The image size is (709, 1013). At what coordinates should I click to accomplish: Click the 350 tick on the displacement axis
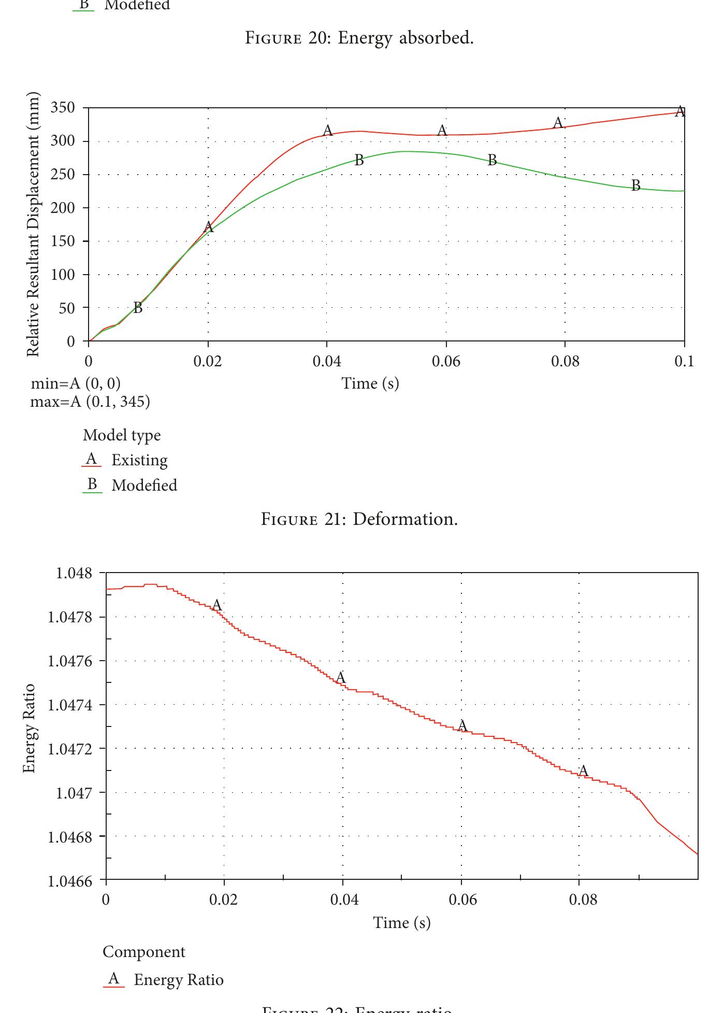pyautogui.click(x=62, y=108)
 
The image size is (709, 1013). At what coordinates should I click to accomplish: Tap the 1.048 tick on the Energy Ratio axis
pyautogui.click(x=74, y=573)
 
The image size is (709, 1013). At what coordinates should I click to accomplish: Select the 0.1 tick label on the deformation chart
pyautogui.click(x=684, y=361)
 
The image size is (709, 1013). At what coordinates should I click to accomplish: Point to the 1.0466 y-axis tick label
pyautogui.click(x=70, y=881)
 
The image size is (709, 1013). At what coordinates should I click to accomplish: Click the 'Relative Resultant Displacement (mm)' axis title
pyautogui.click(x=33, y=224)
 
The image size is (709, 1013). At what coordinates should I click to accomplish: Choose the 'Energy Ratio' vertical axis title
pyautogui.click(x=30, y=728)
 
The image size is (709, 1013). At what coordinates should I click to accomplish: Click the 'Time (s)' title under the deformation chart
pyautogui.click(x=370, y=383)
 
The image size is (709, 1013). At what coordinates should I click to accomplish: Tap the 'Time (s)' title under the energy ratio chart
pyautogui.click(x=402, y=922)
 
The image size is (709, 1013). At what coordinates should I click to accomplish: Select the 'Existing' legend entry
pyautogui.click(x=139, y=460)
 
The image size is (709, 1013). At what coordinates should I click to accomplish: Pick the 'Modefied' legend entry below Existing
pyautogui.click(x=144, y=486)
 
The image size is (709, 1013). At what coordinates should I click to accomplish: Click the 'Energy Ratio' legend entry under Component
pyautogui.click(x=178, y=980)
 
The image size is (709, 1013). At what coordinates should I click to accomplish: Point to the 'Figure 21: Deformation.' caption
pyautogui.click(x=359, y=519)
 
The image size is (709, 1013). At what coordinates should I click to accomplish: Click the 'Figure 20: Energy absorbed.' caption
pyautogui.click(x=359, y=37)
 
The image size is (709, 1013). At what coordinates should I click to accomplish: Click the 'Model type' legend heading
pyautogui.click(x=122, y=435)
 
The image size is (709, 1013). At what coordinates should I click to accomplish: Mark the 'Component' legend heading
pyautogui.click(x=143, y=952)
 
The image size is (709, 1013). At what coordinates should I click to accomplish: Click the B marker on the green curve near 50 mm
pyautogui.click(x=137, y=308)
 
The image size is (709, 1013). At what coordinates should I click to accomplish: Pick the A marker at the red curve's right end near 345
pyautogui.click(x=680, y=111)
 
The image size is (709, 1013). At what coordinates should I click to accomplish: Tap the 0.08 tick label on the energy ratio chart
pyautogui.click(x=583, y=900)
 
